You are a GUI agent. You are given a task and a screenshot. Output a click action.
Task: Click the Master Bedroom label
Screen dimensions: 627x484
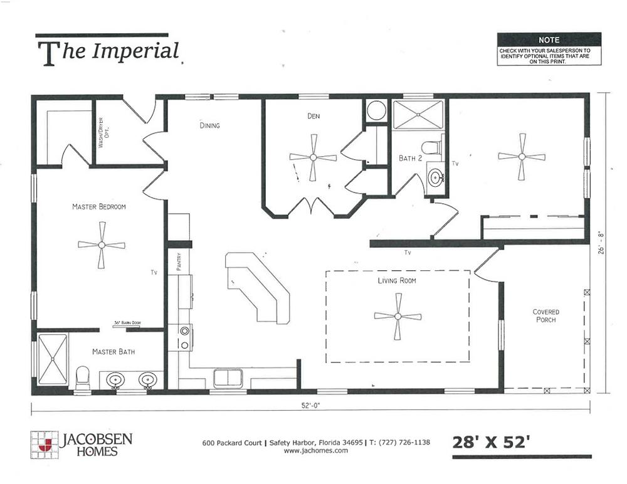[x=99, y=206]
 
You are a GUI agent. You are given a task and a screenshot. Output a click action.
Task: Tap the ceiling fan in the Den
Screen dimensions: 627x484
[x=313, y=157]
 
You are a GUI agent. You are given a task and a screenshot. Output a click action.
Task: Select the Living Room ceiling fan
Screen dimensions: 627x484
[x=398, y=317]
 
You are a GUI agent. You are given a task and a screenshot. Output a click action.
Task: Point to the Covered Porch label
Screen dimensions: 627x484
[x=546, y=315]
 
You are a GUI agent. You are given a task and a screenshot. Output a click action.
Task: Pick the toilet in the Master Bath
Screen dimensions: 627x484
[x=82, y=377]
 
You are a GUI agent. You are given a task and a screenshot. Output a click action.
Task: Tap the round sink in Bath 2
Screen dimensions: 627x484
[x=436, y=176]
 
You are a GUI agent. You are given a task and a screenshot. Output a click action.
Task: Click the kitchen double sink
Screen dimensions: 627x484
[x=228, y=378]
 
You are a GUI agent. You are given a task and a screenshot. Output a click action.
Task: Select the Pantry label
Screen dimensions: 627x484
[x=179, y=261]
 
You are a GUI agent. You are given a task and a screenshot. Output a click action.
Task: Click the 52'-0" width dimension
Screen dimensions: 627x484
[x=311, y=405]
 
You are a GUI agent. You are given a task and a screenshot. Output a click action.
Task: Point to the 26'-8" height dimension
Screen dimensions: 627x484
[x=601, y=243]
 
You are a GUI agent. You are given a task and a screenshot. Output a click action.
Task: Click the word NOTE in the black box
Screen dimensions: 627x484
[x=549, y=40]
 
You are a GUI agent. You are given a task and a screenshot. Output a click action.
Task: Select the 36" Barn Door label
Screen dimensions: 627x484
[x=127, y=323]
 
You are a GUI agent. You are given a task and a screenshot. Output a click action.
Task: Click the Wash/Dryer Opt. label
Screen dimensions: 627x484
[x=103, y=132]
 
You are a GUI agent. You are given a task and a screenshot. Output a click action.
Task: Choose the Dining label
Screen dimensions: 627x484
[x=209, y=125]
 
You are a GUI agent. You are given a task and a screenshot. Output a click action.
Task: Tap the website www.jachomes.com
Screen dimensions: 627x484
[x=315, y=450]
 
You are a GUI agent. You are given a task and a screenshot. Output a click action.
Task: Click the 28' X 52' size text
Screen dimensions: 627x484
[x=491, y=443]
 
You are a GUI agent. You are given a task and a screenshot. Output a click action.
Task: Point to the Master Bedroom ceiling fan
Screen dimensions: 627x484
[x=102, y=245]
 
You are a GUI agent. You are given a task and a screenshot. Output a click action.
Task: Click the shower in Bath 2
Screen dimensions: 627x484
[x=418, y=115]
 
